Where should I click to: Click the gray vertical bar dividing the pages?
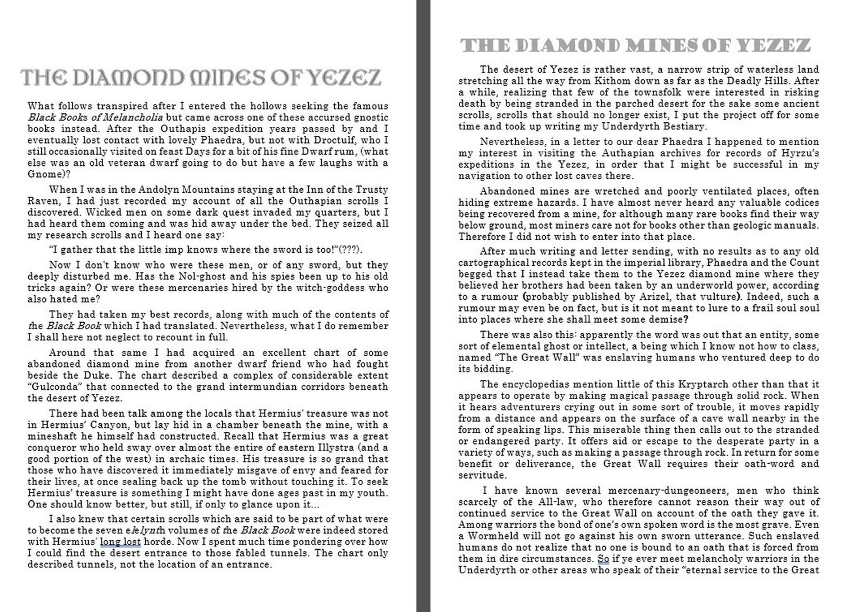tap(423, 306)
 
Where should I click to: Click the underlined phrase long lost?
tap(121, 541)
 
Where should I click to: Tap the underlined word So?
tap(603, 559)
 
